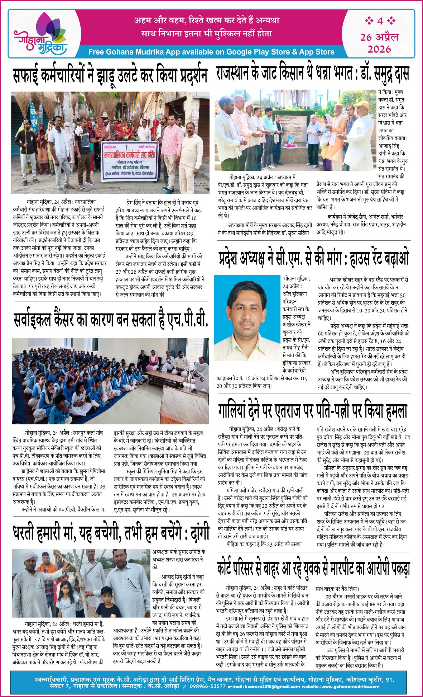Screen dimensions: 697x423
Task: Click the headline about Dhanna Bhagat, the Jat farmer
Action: point(312,74)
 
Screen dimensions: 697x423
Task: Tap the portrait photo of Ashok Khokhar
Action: point(247,317)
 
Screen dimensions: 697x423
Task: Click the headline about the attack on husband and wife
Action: point(313,411)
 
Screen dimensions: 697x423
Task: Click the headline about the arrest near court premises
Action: point(313,568)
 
